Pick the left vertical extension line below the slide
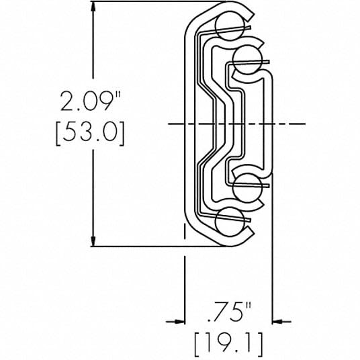[x=185, y=282]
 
